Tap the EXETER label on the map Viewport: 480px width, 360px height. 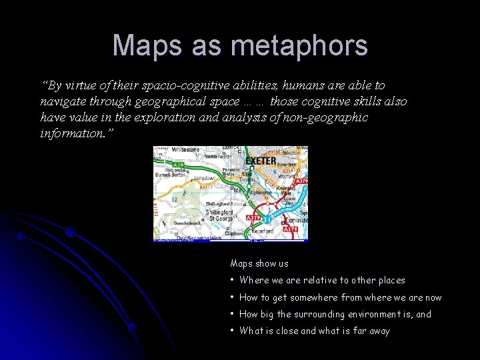tap(261, 161)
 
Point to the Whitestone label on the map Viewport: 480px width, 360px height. tap(184, 151)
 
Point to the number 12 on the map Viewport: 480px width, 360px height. tap(173, 199)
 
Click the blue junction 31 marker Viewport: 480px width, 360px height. tap(266, 219)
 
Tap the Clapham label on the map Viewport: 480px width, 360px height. tap(233, 233)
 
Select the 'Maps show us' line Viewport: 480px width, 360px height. tap(259, 264)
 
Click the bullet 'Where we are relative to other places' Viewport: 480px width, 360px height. tap(322, 281)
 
